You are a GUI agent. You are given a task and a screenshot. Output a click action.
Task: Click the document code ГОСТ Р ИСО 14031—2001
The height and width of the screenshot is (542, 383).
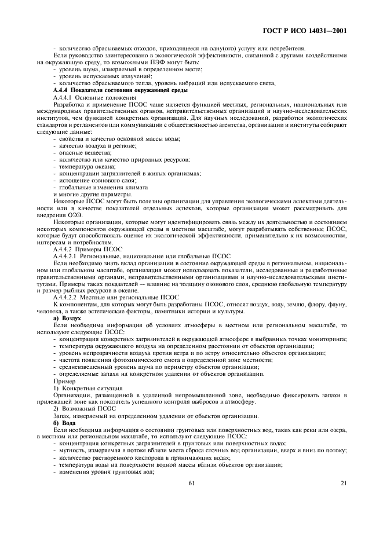click(312, 30)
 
